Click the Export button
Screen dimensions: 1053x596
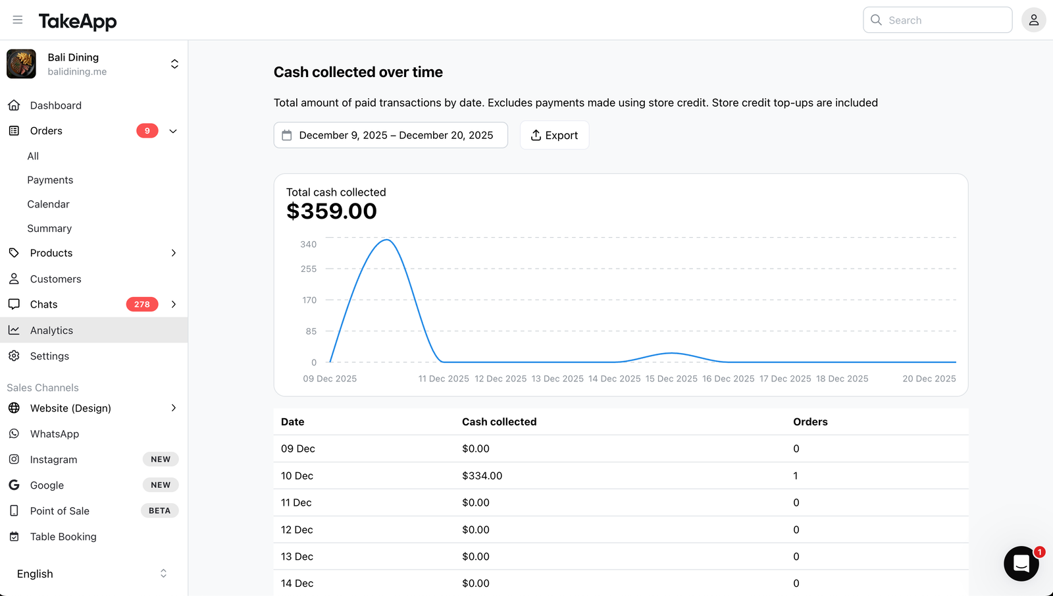pos(554,135)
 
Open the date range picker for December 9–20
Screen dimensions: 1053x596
pos(391,135)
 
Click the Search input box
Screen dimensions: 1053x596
pos(937,20)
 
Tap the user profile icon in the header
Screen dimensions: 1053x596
pos(1033,20)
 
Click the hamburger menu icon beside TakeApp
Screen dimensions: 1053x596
pos(17,20)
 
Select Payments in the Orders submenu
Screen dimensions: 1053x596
pos(50,180)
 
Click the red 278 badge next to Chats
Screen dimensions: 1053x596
pos(142,304)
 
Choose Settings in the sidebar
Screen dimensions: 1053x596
pos(49,356)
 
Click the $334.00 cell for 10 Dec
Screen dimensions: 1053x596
pos(482,475)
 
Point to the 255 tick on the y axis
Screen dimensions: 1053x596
pos(309,269)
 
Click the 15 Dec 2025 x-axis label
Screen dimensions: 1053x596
pos(671,379)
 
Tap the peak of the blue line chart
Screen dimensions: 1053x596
pos(386,240)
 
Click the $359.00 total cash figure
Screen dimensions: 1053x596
pos(332,211)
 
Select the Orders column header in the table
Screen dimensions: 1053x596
pos(810,421)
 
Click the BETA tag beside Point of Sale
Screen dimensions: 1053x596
pos(159,510)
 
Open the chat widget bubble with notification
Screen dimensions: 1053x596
pos(1021,564)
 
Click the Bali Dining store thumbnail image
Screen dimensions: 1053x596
pos(21,63)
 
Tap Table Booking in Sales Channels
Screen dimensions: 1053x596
pos(63,536)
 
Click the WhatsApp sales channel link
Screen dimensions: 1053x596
pos(54,434)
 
